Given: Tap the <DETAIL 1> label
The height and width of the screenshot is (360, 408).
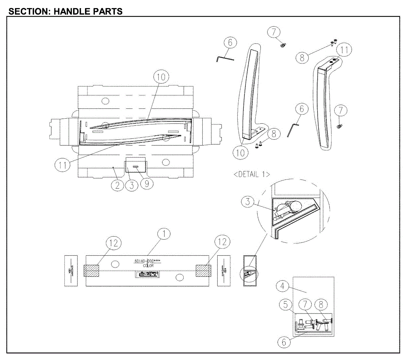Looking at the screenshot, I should [x=252, y=174].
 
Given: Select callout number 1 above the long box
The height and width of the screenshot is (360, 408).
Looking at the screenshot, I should [x=164, y=234].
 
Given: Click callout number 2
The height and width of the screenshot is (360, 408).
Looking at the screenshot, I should [x=117, y=185].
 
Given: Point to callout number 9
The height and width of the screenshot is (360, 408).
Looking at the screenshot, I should [x=147, y=184].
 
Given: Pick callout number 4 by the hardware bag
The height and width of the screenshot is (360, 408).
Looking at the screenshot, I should [x=282, y=286].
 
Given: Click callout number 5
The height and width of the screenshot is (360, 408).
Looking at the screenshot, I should [x=286, y=305].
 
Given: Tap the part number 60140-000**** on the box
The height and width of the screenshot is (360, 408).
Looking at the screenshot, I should [x=148, y=261].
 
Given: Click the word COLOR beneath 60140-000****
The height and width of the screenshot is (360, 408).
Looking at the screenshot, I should [x=148, y=265].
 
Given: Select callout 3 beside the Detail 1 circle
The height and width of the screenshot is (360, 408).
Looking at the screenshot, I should [x=248, y=201].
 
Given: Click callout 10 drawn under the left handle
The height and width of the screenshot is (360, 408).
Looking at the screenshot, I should [x=240, y=153].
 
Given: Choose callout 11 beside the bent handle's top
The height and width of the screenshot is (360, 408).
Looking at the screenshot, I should [x=344, y=50].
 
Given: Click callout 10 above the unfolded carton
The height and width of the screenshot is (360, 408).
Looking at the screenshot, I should [x=161, y=77].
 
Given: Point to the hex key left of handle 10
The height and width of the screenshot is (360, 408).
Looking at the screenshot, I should [x=225, y=59].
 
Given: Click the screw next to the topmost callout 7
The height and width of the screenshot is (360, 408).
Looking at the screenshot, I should [x=283, y=45].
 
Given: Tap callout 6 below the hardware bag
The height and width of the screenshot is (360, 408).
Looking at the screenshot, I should [x=285, y=342].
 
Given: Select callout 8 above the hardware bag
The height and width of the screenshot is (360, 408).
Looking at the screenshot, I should [x=320, y=305].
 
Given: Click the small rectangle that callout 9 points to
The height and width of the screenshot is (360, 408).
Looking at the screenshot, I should [x=136, y=167].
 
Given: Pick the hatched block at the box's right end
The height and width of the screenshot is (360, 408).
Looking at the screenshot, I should [x=203, y=271].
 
